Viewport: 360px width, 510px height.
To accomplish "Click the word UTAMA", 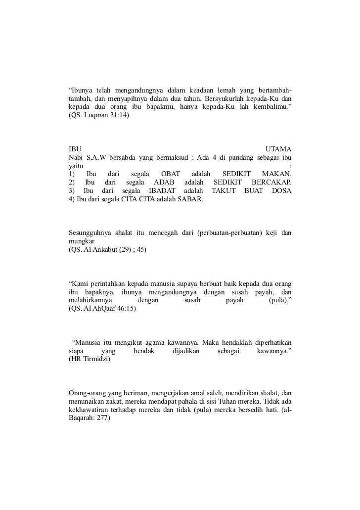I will coord(278,149).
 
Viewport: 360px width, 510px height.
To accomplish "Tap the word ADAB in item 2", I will coord(164,183).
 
